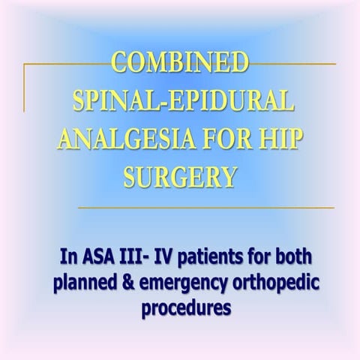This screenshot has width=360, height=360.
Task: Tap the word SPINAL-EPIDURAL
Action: point(180,99)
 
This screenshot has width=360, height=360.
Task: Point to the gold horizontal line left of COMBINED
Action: point(67,65)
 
